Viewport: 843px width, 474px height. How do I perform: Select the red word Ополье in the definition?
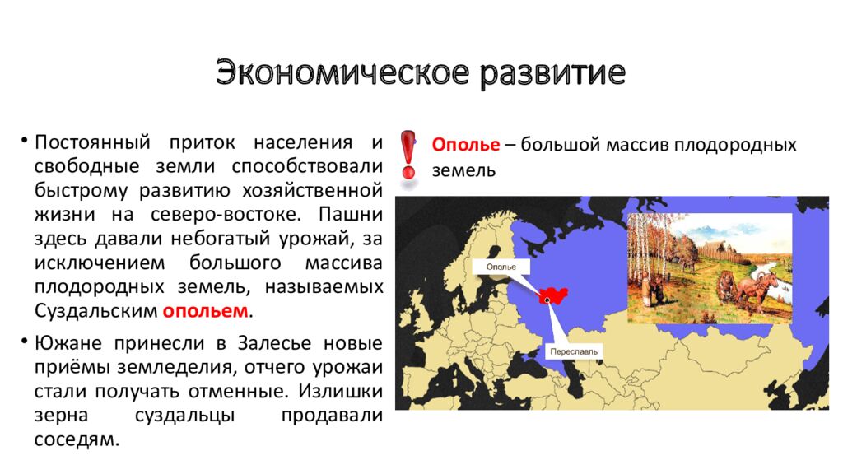point(466,145)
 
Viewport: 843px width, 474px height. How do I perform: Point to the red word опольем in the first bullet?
point(206,311)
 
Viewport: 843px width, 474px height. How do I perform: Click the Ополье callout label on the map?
point(501,267)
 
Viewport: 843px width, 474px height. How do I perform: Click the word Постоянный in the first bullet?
point(91,142)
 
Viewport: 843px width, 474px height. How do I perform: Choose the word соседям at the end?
point(77,439)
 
